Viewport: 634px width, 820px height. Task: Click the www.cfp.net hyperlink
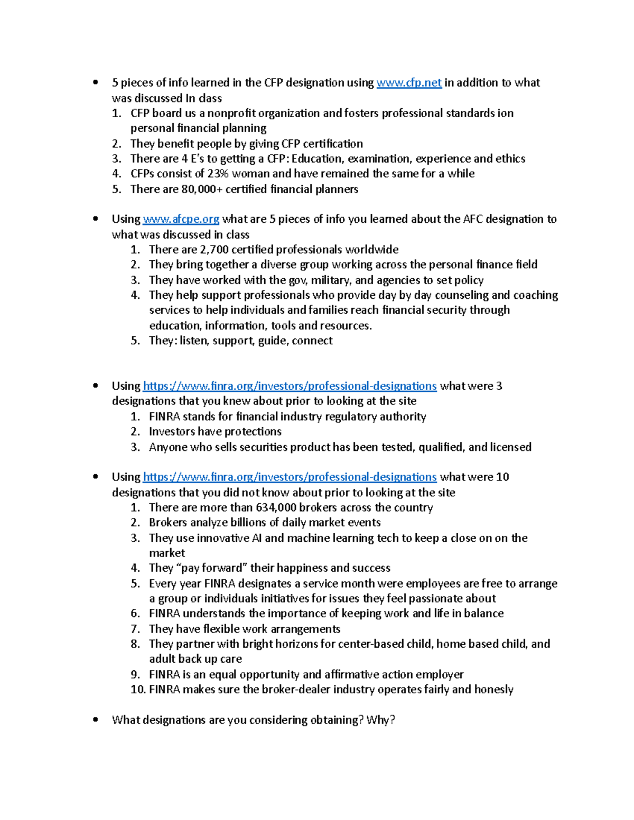(x=409, y=83)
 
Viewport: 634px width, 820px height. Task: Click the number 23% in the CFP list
(x=217, y=174)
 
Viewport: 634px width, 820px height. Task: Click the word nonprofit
(x=231, y=114)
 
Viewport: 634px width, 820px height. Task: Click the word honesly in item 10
(x=493, y=690)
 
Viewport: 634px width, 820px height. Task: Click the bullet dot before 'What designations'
(x=95, y=720)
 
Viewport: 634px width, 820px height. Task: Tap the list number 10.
(x=138, y=690)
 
